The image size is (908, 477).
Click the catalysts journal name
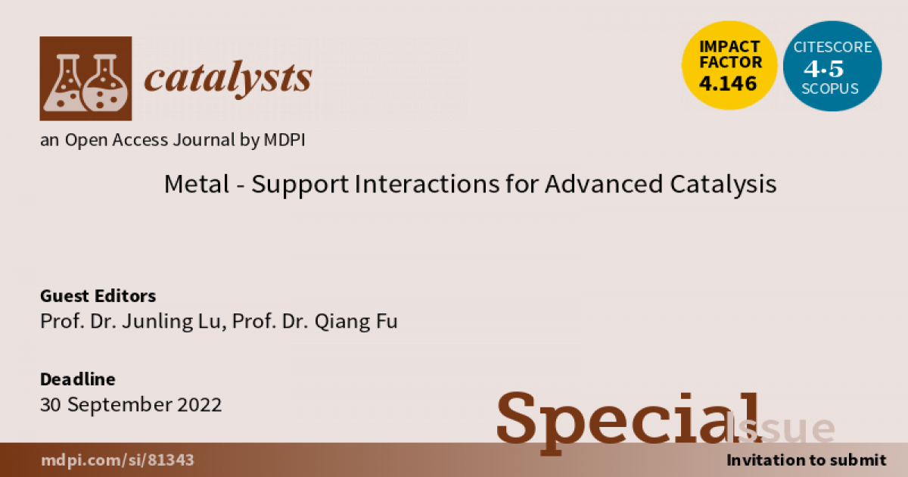coord(228,78)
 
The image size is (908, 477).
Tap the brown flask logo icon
coord(86,79)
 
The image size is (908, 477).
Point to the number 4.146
coord(729,84)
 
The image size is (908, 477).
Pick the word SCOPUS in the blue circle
coord(832,88)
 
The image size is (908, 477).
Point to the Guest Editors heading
coord(98,295)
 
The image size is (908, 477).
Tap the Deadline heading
coord(77,379)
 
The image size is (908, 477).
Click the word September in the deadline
coord(119,404)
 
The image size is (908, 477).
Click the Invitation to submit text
coord(806,460)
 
